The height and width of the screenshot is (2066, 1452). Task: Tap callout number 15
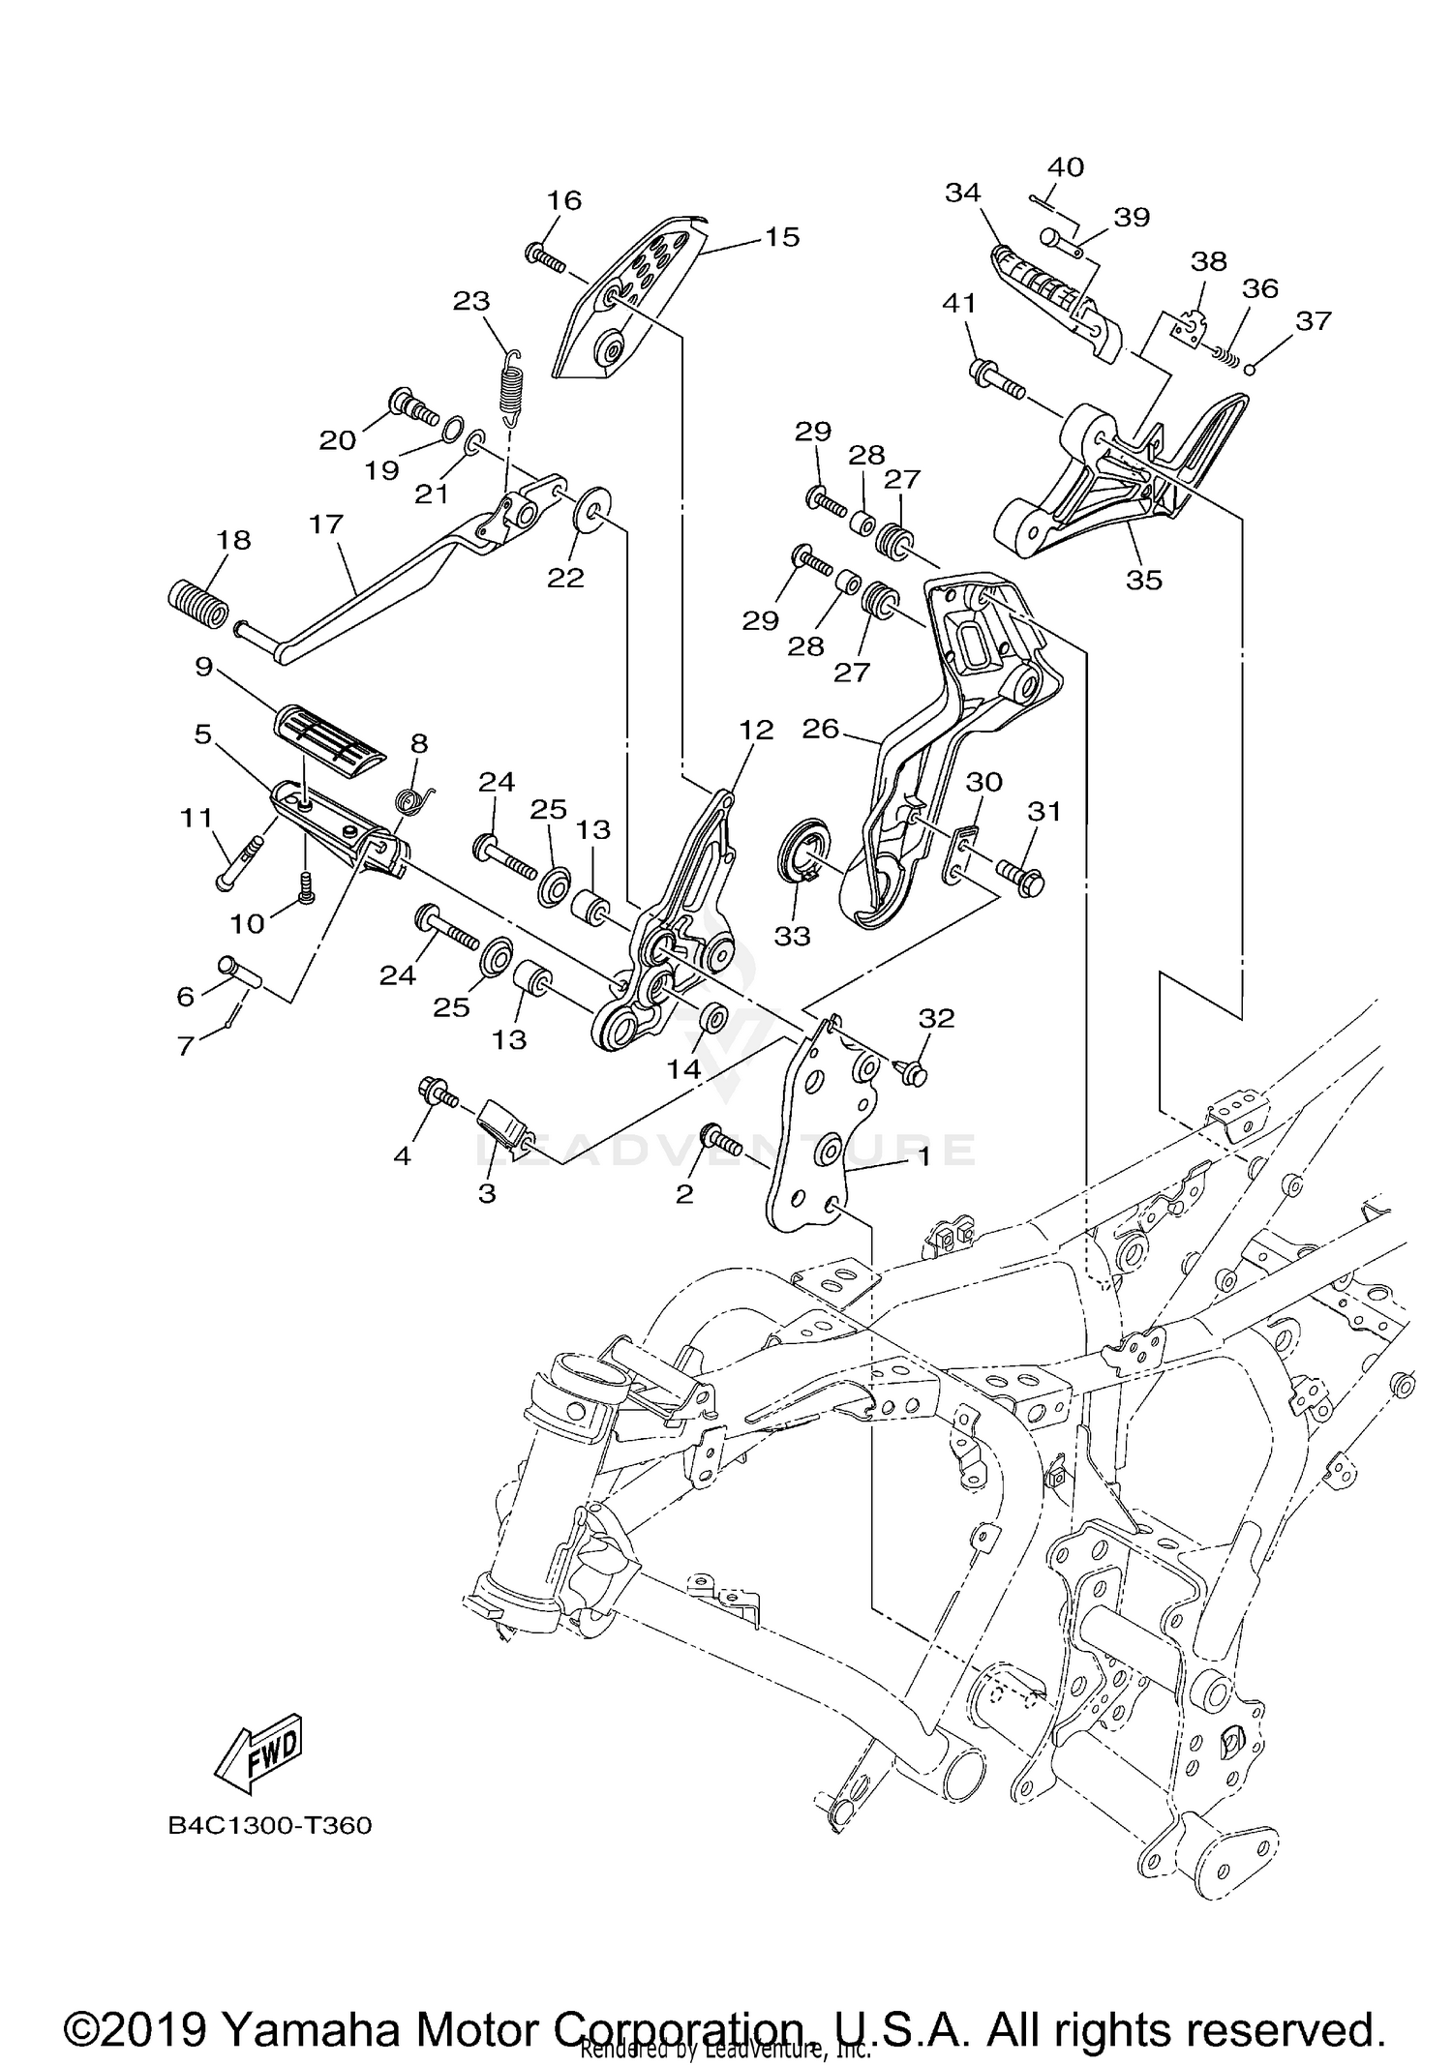[782, 236]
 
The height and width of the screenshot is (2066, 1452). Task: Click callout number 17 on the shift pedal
[326, 524]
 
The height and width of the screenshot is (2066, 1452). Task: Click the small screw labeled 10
[306, 883]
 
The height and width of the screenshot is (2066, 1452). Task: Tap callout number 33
[792, 936]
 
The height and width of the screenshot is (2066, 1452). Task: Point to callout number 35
[1144, 580]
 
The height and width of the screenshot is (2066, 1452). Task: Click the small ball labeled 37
[1251, 367]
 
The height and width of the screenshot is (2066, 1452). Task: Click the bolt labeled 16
[548, 256]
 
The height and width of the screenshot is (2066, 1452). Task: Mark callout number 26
[820, 729]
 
